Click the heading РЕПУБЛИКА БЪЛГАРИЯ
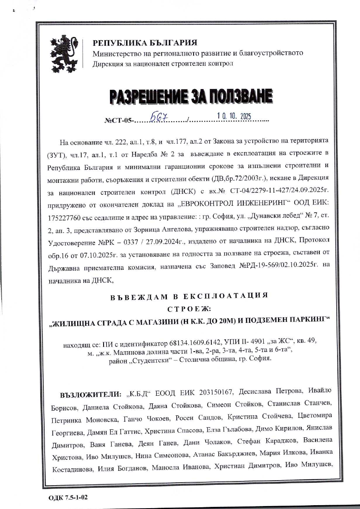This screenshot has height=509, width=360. coord(145,43)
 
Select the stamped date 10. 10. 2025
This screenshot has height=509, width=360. coord(234,116)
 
